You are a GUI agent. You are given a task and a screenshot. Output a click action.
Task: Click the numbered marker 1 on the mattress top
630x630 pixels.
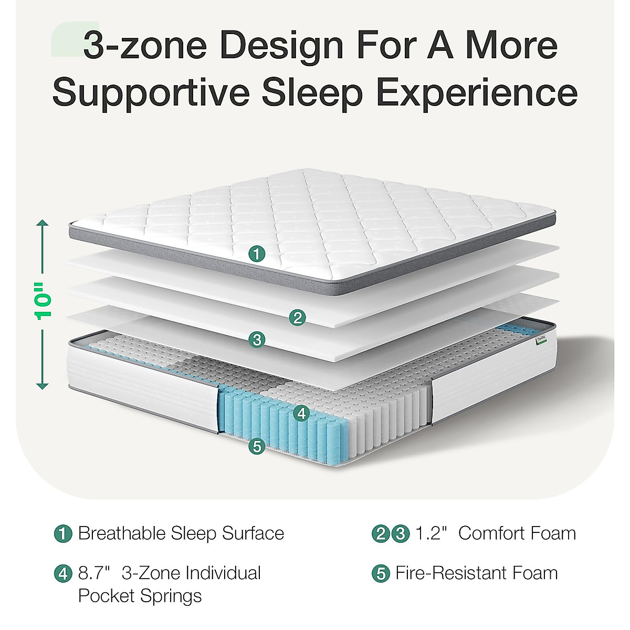[257, 254]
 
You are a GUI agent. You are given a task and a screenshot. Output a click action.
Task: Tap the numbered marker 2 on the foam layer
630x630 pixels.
[298, 317]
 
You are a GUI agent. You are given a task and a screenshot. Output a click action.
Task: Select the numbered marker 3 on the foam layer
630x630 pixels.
[257, 340]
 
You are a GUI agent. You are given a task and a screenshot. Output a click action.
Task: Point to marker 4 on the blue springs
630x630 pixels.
[301, 413]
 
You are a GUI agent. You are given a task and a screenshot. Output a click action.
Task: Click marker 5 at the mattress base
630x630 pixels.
[257, 447]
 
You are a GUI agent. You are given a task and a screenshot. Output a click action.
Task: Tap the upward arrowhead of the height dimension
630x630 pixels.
[43, 224]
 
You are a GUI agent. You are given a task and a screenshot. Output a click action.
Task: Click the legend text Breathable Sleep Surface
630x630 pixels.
[181, 533]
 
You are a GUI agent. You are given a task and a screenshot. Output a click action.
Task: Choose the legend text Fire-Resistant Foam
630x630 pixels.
[477, 573]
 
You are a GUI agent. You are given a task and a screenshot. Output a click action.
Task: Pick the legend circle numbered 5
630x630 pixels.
[381, 573]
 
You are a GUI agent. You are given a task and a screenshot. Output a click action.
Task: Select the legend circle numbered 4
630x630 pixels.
[64, 573]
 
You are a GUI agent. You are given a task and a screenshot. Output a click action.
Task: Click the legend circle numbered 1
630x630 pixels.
[64, 534]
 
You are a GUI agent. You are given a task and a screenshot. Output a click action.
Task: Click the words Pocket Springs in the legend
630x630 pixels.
[140, 596]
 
